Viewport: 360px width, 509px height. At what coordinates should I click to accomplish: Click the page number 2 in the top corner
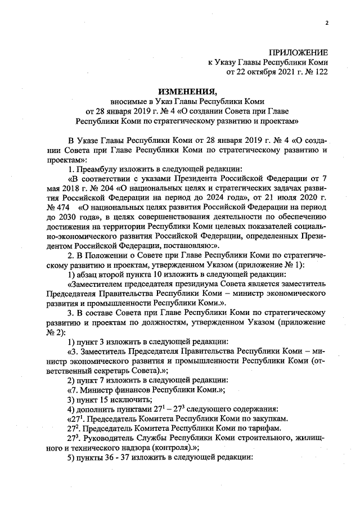click(x=326, y=23)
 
